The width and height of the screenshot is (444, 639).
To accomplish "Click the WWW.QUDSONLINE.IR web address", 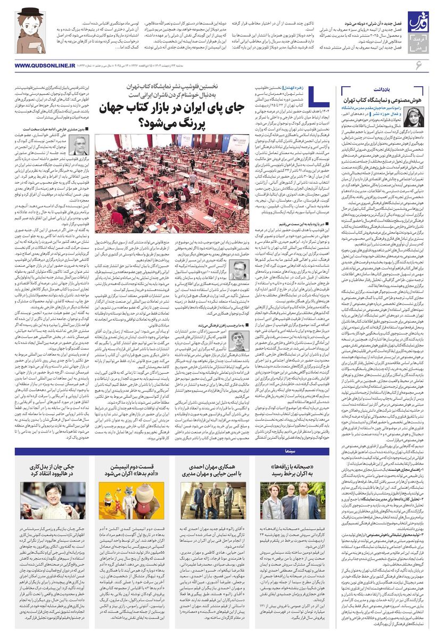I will click(38, 65).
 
